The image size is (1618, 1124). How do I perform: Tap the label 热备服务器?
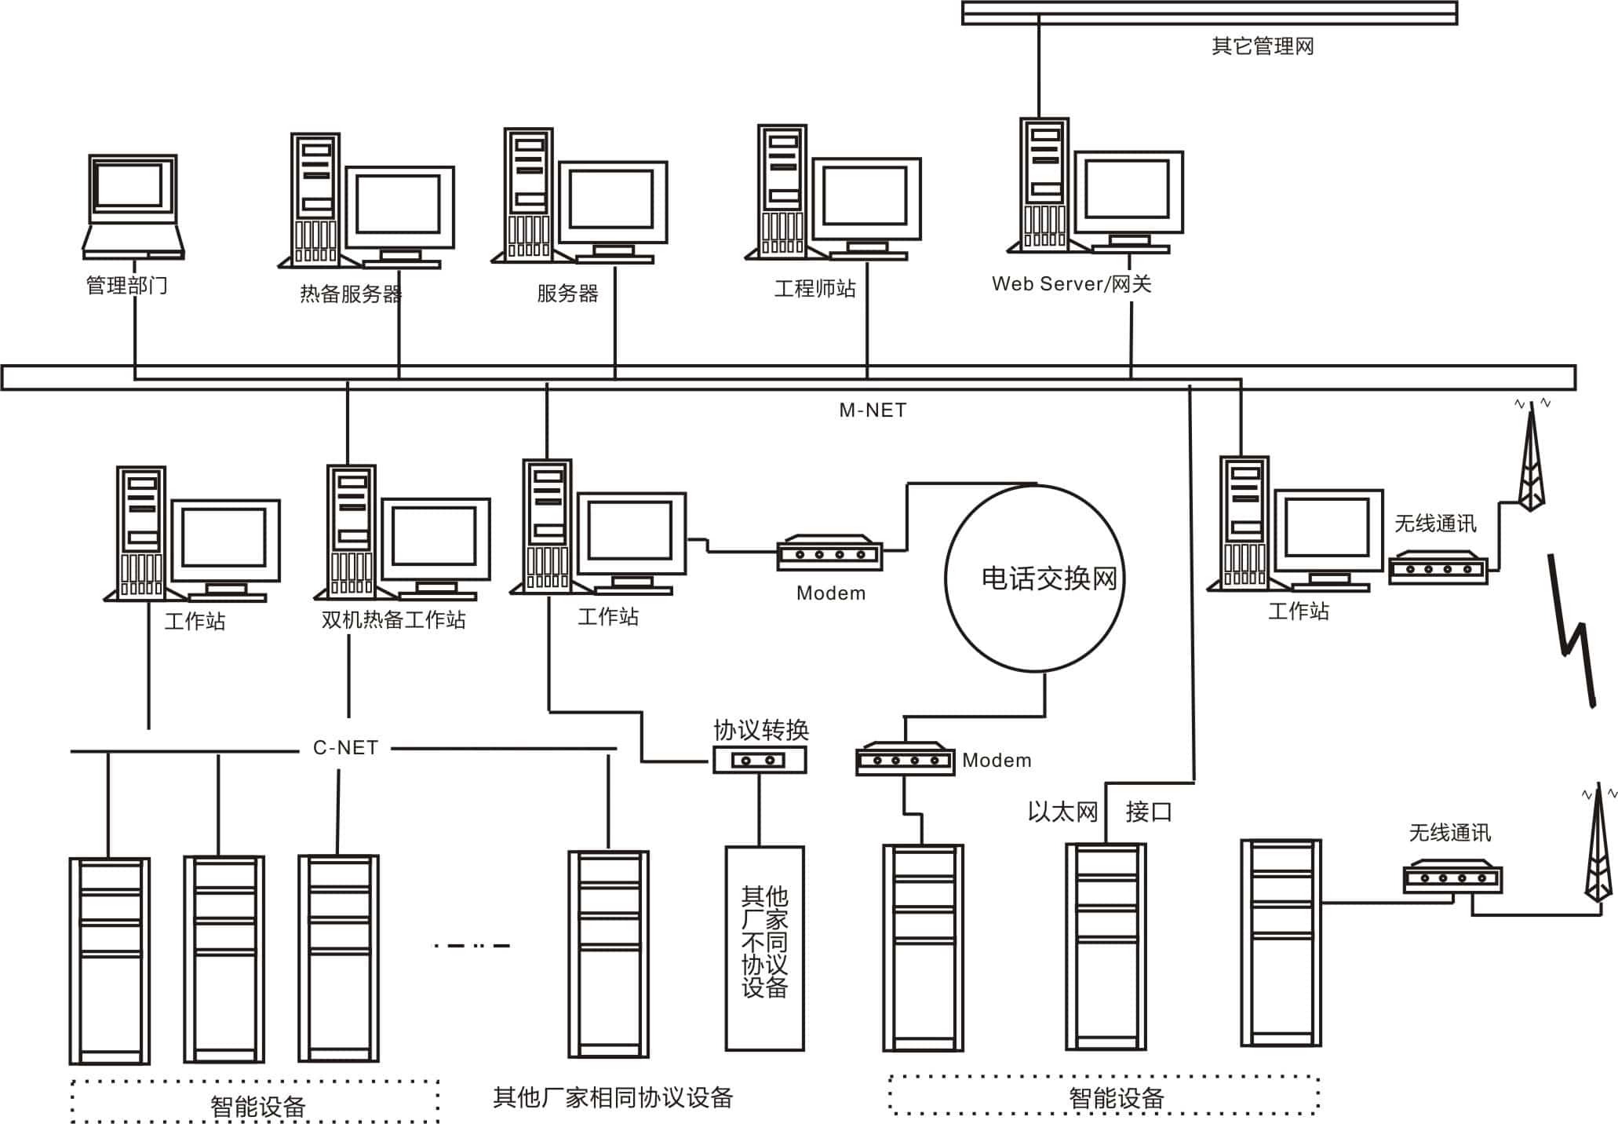click(351, 294)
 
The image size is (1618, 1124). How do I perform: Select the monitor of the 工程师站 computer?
click(865, 199)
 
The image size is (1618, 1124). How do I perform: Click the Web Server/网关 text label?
click(1071, 284)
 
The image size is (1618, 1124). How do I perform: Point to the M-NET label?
click(873, 411)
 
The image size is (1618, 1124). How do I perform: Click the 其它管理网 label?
click(1262, 46)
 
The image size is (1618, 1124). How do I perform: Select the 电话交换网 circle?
click(1034, 578)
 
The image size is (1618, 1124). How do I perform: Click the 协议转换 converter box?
click(759, 759)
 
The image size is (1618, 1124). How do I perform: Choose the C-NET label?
click(345, 748)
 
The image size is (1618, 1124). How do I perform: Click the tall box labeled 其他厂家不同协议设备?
click(764, 947)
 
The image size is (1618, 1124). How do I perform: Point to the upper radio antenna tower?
click(1530, 463)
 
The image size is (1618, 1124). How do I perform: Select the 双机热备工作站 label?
click(393, 620)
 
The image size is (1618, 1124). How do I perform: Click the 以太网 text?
click(1062, 812)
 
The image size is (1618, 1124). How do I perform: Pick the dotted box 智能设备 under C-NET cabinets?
click(256, 1103)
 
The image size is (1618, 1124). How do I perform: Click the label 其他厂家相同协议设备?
click(612, 1097)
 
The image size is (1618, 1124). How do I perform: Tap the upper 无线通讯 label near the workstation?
click(1434, 524)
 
